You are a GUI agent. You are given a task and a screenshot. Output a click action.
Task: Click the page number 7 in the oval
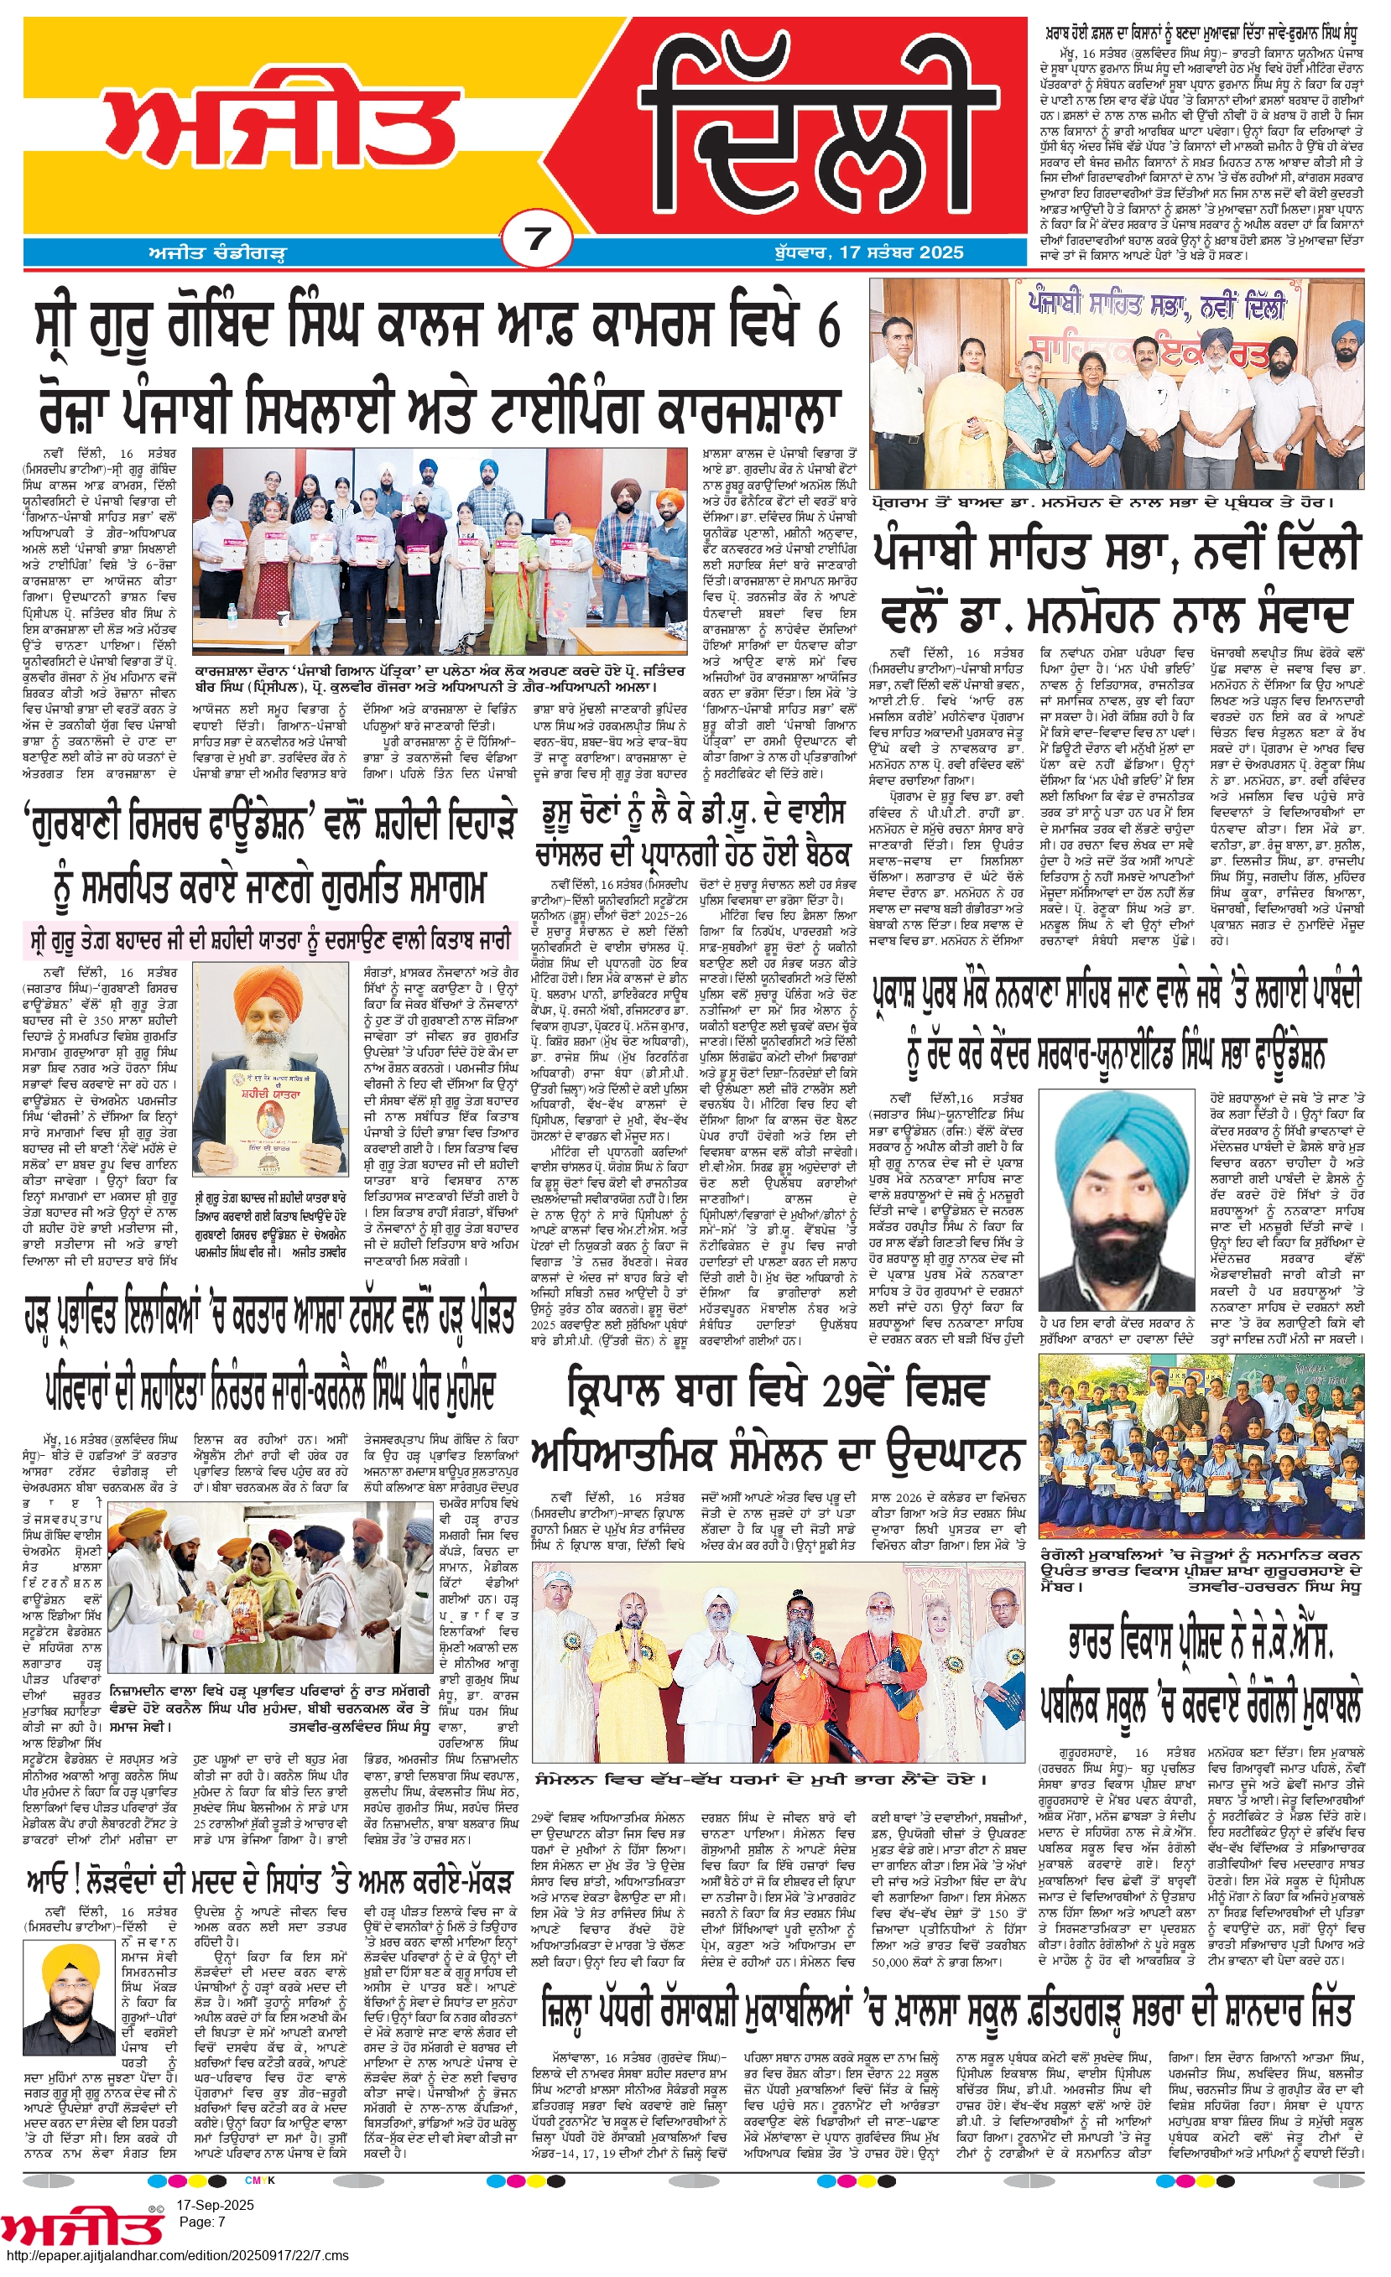tap(537, 239)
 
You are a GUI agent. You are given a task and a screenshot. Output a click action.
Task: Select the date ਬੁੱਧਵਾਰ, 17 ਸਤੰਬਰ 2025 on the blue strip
tap(869, 252)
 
